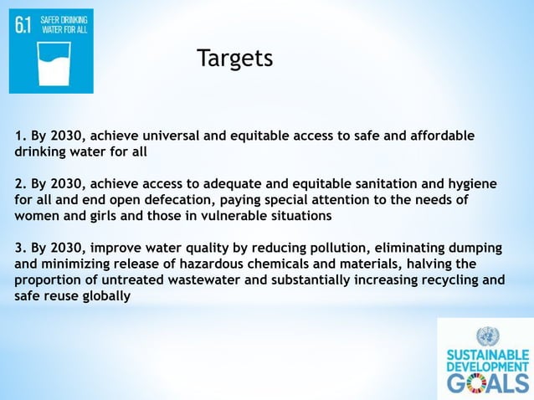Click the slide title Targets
(234, 59)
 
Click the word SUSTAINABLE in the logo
(486, 354)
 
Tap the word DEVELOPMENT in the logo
(486, 367)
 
